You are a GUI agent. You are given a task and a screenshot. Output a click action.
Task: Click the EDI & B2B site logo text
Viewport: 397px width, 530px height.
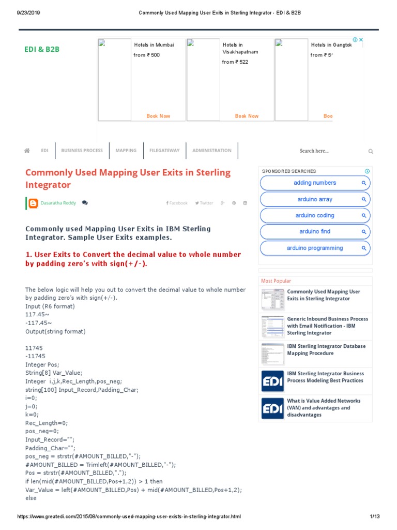[42, 49]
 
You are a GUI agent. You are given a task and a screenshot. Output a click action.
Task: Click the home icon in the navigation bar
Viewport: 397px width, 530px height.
[27, 151]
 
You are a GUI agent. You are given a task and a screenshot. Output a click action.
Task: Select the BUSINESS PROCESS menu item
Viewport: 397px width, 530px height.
[82, 151]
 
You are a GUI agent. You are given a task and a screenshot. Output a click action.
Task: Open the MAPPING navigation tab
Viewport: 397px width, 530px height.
[126, 151]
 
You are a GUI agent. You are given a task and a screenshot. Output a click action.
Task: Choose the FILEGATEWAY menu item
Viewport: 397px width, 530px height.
[164, 151]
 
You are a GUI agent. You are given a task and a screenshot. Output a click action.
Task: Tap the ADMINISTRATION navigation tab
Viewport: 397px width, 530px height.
[212, 151]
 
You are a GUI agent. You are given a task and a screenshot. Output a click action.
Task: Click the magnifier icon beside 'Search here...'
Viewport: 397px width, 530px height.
[371, 151]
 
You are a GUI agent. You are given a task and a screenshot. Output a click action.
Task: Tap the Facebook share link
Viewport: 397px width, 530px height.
[177, 203]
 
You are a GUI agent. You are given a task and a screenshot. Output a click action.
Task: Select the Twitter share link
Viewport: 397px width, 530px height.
[204, 203]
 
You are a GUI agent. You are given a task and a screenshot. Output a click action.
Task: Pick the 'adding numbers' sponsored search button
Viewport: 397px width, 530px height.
[315, 183]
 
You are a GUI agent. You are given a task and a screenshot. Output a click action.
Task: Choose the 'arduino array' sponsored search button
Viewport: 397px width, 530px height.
[315, 199]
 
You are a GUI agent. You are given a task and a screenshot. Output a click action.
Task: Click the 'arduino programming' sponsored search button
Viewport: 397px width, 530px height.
[315, 248]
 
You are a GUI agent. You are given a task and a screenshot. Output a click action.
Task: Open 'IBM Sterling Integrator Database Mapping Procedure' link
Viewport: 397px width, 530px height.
[326, 349]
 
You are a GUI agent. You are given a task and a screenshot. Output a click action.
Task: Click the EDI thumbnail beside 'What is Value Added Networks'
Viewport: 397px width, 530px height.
[272, 408]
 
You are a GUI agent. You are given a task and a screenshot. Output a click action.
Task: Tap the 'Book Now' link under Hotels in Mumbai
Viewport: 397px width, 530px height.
[158, 116]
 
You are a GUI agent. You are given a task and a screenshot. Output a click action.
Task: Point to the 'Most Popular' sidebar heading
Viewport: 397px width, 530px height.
[276, 281]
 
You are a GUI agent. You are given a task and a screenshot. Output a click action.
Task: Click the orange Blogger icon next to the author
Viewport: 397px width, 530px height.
[33, 203]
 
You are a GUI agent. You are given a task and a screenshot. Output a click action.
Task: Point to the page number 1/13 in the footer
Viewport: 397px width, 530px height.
[375, 517]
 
